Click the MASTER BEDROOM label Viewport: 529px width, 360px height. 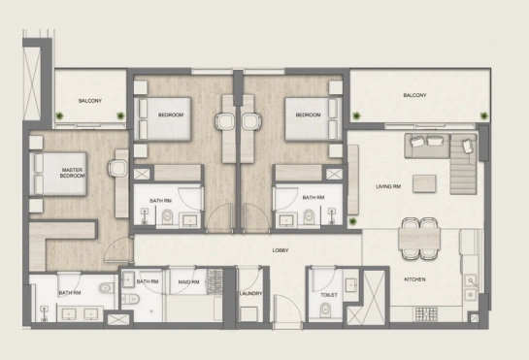tap(73, 173)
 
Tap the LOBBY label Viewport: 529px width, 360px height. tap(281, 250)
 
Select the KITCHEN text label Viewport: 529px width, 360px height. tap(414, 279)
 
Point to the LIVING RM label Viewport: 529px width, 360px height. tap(388, 186)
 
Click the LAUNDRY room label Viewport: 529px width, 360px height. tap(250, 294)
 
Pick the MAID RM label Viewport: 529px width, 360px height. tap(188, 282)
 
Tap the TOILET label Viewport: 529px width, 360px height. tap(329, 295)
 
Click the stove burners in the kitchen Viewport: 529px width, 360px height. tap(426, 314)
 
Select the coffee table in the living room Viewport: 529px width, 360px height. tap(424, 183)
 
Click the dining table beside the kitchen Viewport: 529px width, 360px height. tap(419, 239)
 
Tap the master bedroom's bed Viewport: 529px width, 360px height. tap(58, 174)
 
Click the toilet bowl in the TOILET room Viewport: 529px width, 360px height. tap(325, 310)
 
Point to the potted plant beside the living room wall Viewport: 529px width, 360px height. tap(352, 221)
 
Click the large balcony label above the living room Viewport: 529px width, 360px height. tap(414, 95)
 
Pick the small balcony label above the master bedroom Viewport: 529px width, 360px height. tap(89, 101)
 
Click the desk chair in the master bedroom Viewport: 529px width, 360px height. tap(117, 168)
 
